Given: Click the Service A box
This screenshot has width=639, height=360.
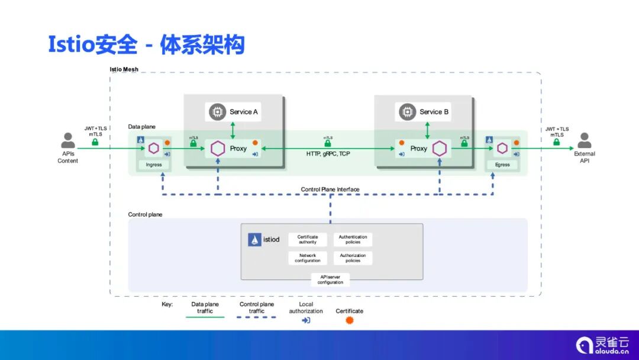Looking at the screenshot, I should pos(235,112).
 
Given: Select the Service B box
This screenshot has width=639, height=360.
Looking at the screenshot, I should pos(424,112).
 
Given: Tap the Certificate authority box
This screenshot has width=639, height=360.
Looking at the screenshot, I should pos(308,239).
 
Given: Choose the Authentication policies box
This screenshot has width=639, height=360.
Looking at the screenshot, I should pos(353,239).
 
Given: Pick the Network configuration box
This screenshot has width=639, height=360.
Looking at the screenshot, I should pos(308,258).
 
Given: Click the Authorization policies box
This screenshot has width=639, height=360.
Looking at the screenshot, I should pos(353,258).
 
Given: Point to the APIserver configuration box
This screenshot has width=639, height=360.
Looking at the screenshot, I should pos(330,280).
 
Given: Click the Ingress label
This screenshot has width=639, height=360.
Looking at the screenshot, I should pos(154,165).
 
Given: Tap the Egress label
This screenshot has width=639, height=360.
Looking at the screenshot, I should pos(502,165).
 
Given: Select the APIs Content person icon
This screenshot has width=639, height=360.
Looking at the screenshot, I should pos(68,141).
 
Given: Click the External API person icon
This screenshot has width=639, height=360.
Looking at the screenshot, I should pos(585,141).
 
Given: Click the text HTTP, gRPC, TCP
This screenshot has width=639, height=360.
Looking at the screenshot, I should pos(328,154).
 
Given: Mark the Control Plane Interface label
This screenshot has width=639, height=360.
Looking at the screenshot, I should pos(330,189).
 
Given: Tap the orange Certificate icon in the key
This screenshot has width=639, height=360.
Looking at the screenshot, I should pos(350,320).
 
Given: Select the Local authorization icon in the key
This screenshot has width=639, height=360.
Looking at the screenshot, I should pos(306,320).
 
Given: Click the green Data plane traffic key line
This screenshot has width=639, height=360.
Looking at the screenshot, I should pos(205,317).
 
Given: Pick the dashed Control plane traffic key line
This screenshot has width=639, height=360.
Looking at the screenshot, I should pos(256,317).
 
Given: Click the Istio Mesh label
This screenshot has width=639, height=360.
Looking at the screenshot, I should pos(124,69).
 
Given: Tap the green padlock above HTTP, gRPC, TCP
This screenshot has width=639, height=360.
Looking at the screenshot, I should pos(328,144).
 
